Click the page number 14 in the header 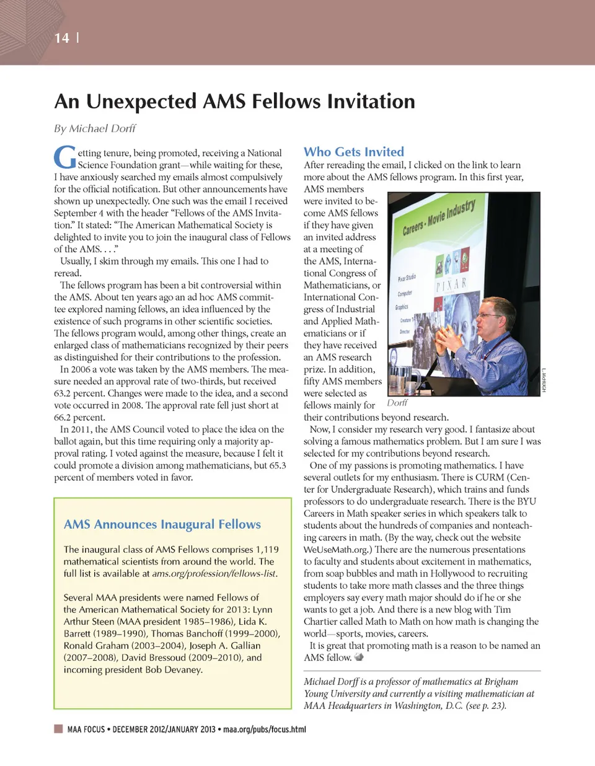pos(61,38)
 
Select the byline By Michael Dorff pos(95,128)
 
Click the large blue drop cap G pos(65,157)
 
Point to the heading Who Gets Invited pos(353,152)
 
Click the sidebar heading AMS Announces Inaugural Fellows pos(162,524)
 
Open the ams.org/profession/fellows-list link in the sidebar pos(214,574)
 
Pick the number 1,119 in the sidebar pos(267,550)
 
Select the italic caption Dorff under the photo pos(397,403)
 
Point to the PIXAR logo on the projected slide pos(451,284)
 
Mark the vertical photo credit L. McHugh pos(544,380)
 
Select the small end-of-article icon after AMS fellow pos(359,657)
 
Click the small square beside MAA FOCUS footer pos(59,729)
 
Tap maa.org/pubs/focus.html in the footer pos(265,729)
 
